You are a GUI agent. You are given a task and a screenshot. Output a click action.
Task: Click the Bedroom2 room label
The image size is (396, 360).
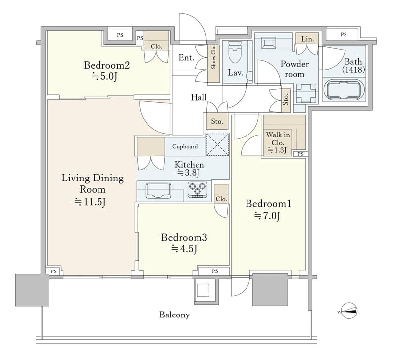click(107, 65)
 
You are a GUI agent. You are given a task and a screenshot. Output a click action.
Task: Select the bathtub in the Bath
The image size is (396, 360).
click(344, 90)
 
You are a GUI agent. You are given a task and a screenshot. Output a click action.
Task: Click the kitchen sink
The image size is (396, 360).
click(158, 190)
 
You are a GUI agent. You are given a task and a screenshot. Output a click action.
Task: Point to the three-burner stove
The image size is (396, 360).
click(198, 190)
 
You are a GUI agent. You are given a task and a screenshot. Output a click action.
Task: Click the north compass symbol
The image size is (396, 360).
click(348, 311)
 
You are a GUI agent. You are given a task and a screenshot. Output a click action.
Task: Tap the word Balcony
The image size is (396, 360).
click(175, 315)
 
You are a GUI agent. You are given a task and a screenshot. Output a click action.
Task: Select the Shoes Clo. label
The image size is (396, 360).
click(214, 57)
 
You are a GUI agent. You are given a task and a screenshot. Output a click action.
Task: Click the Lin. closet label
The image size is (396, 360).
click(307, 39)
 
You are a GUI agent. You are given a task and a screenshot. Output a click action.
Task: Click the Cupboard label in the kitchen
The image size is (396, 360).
click(185, 146)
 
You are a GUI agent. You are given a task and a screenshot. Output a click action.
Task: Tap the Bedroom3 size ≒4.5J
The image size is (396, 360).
click(184, 249)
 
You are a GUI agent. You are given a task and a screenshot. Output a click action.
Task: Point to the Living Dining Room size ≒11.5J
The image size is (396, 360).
click(90, 202)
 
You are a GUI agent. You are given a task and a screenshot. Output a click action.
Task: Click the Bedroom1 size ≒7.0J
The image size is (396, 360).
click(267, 216)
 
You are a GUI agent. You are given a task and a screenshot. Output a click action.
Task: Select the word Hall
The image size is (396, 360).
click(198, 97)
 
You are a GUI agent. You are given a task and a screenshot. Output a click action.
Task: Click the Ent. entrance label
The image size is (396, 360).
click(187, 58)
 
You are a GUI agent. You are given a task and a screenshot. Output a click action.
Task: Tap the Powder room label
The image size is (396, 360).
click(295, 69)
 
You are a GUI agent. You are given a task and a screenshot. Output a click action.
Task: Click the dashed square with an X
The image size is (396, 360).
click(218, 144)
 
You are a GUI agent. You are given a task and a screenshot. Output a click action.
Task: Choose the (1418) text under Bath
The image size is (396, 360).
click(353, 70)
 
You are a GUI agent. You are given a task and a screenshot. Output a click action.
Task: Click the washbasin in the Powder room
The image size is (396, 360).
click(306, 93)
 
